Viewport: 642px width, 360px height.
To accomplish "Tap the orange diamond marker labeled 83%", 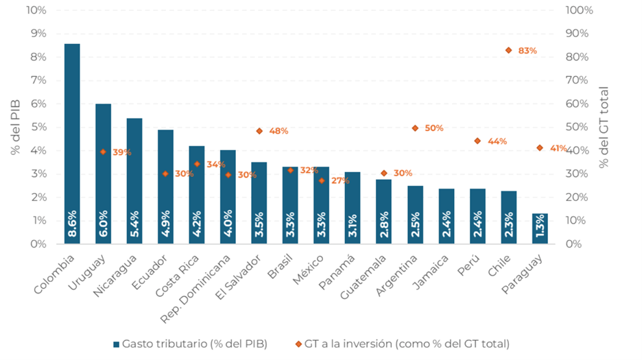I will coord(509,50).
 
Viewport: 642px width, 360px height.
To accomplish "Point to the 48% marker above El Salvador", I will coord(259,130).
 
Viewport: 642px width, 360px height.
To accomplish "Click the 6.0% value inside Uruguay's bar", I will coord(103,224).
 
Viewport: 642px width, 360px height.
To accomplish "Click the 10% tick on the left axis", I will coord(36,10).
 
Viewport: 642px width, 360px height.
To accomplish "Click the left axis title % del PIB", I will coord(16,126).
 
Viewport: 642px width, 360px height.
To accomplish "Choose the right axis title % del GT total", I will coord(604,127).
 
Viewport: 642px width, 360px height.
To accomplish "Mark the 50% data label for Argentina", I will coord(434,128).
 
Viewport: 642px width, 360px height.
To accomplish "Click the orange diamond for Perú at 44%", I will coord(477,141).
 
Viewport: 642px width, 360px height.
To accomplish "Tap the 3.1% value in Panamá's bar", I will coord(353,224).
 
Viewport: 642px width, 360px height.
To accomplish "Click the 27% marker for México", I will coord(322,180).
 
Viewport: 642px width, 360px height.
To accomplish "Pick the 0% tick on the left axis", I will coord(38,243).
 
